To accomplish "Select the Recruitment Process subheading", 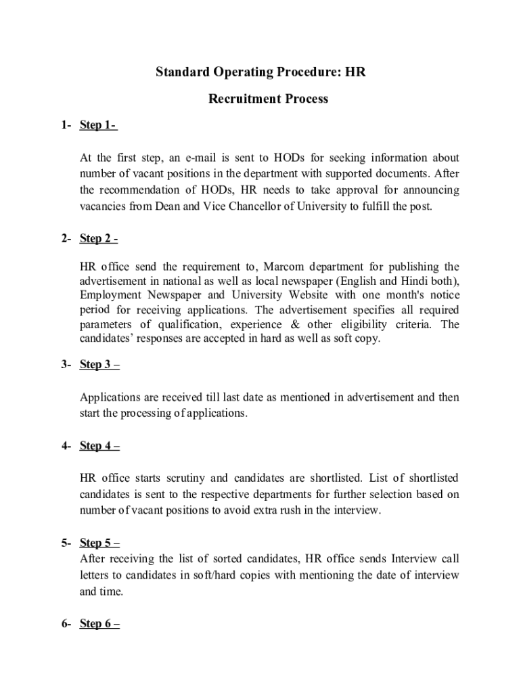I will pyautogui.click(x=268, y=99).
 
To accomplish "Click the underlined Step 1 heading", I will pyautogui.click(x=98, y=125).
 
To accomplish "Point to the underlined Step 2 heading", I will pyautogui.click(x=99, y=239).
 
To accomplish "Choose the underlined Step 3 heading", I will pyautogui.click(x=99, y=365).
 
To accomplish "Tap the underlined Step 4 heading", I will pyautogui.click(x=99, y=446).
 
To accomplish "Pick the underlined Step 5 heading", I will pyautogui.click(x=99, y=543).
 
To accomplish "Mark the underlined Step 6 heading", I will pyautogui.click(x=99, y=624).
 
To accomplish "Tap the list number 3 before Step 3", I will pyautogui.click(x=63, y=365).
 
